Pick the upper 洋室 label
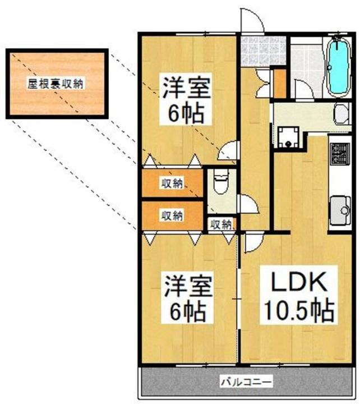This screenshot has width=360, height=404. tap(186, 88)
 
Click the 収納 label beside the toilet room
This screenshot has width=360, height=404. tap(221, 224)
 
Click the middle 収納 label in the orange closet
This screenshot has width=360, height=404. tap(172, 215)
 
